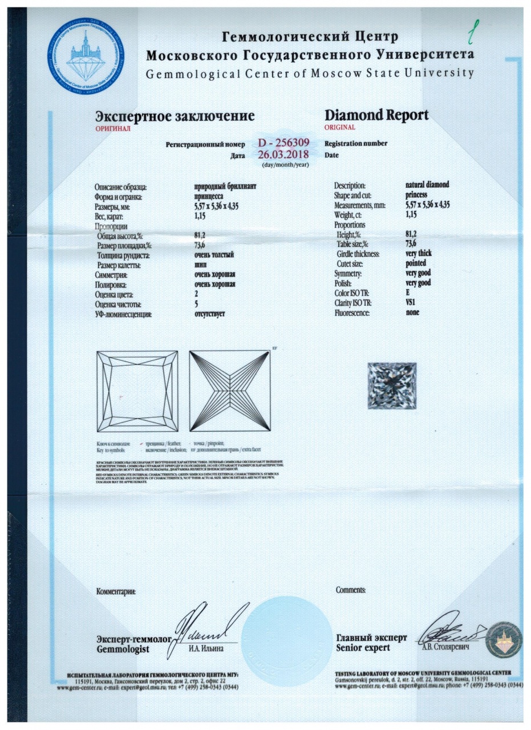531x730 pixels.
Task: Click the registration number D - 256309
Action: tap(283, 143)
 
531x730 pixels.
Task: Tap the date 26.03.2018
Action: tap(283, 155)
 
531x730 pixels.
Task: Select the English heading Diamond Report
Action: tap(376, 115)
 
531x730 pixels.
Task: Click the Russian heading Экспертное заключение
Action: tap(175, 116)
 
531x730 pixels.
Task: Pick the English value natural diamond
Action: tap(427, 185)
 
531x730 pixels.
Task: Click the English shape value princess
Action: tap(416, 195)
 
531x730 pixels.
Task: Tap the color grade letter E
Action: tap(408, 293)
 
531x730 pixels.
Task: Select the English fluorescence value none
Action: tap(412, 313)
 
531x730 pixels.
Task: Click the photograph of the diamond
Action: tap(391, 386)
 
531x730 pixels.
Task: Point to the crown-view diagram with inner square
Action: tap(137, 392)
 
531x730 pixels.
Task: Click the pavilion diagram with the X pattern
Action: tap(229, 392)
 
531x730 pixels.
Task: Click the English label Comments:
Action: tap(351, 590)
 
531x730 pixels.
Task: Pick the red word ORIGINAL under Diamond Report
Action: tap(339, 127)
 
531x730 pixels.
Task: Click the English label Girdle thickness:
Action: tap(359, 254)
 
